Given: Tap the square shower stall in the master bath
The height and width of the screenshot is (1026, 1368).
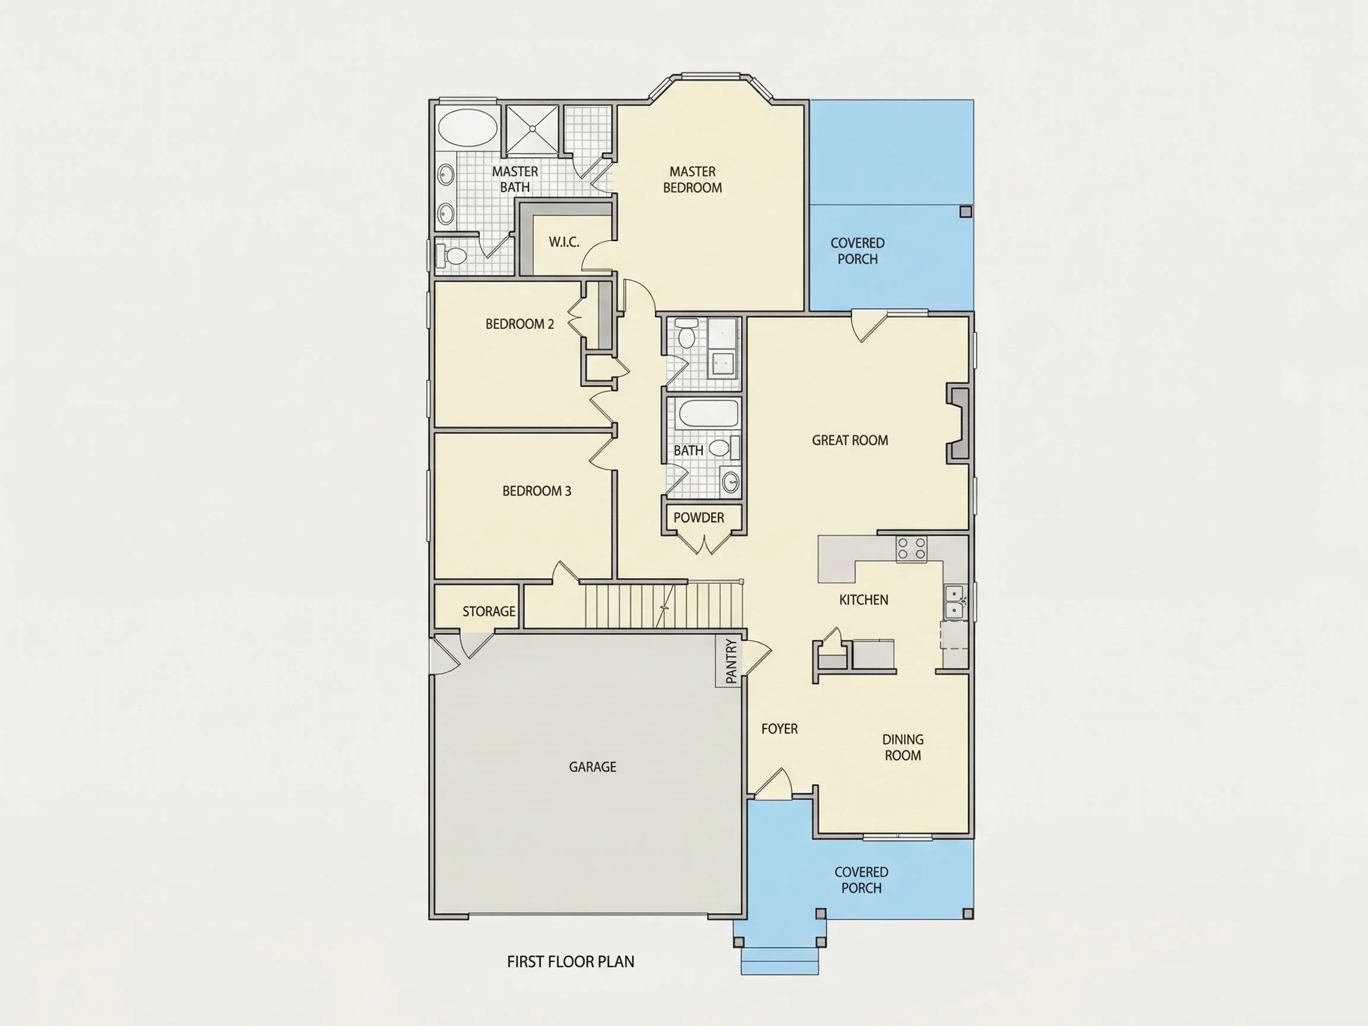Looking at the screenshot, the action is (x=533, y=129).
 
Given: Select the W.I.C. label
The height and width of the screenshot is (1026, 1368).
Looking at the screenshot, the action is (x=564, y=242).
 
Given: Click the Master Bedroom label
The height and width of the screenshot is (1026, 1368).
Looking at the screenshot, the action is (x=693, y=179).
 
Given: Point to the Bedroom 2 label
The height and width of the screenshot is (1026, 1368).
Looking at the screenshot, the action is (x=520, y=324).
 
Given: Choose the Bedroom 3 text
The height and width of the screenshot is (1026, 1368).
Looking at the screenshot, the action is (x=537, y=491).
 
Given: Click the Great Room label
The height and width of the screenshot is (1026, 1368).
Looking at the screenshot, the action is (x=850, y=441).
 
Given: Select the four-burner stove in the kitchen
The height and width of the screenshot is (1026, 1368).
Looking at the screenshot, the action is (x=911, y=549).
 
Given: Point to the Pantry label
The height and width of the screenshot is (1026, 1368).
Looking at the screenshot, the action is (x=731, y=661).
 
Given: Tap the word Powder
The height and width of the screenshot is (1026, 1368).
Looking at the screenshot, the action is (x=699, y=518).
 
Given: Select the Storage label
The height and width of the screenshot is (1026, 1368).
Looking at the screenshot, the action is (x=489, y=612).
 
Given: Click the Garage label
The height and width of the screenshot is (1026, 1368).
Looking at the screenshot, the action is (x=593, y=767).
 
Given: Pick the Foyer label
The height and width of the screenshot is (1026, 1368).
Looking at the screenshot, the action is (x=779, y=729).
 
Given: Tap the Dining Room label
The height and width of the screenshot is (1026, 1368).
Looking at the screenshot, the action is (x=903, y=747).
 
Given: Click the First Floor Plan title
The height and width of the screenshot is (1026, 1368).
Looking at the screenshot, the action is (x=570, y=962).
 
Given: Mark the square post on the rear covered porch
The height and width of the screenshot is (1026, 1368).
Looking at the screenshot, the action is (x=965, y=212).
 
